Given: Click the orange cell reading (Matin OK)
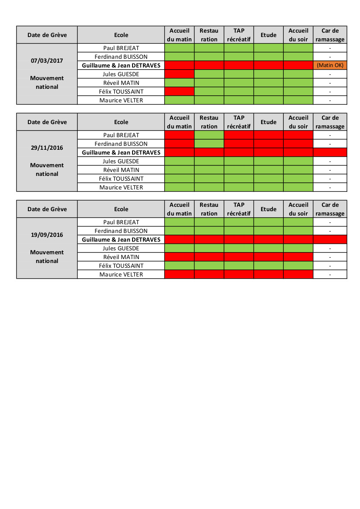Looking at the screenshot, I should click(330, 65).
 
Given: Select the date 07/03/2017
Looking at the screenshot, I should click(47, 61).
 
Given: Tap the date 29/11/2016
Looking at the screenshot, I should click(47, 148).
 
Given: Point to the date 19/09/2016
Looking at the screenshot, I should click(47, 235).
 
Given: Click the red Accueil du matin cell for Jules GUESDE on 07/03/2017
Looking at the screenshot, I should click(180, 74).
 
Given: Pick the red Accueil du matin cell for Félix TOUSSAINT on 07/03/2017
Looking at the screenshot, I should click(180, 91).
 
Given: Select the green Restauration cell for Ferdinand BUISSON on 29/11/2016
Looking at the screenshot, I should click(209, 144).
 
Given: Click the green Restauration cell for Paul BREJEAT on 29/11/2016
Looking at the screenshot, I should click(209, 135).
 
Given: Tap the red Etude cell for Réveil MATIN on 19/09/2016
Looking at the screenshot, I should click(268, 257).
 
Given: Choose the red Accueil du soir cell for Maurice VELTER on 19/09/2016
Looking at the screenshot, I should click(298, 274).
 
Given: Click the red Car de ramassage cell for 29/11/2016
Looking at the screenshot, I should click(330, 152).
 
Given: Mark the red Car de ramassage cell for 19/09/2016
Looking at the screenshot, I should click(330, 239).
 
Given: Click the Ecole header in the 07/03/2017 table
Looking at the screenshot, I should click(121, 35).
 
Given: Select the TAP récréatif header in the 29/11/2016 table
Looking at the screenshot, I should click(239, 122).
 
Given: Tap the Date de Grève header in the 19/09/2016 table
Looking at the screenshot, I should click(47, 209).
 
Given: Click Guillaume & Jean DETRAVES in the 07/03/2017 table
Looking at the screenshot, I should click(121, 65).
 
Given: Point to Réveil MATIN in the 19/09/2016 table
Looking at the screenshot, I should click(121, 257).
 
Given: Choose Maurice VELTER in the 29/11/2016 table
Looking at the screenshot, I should click(121, 187).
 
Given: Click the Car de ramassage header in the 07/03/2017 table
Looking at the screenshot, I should click(330, 35).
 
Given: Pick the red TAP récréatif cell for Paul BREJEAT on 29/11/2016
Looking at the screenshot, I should click(239, 135).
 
